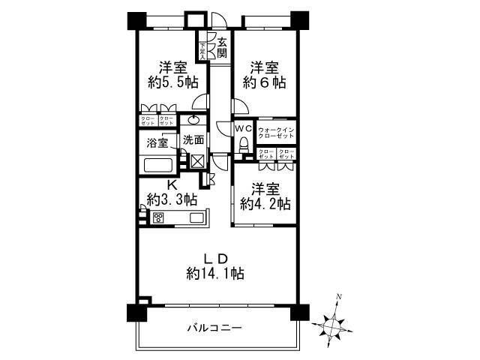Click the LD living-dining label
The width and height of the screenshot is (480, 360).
(216, 259)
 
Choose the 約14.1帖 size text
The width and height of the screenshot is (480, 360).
(215, 274)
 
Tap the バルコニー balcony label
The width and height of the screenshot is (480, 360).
(214, 328)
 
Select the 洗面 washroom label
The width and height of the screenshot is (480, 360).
(193, 139)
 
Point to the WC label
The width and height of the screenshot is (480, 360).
(243, 129)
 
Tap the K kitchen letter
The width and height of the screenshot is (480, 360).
(171, 184)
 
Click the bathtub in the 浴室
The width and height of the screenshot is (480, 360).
(157, 166)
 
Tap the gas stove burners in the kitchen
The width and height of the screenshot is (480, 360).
(159, 217)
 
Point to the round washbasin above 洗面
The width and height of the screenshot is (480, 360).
(193, 119)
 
